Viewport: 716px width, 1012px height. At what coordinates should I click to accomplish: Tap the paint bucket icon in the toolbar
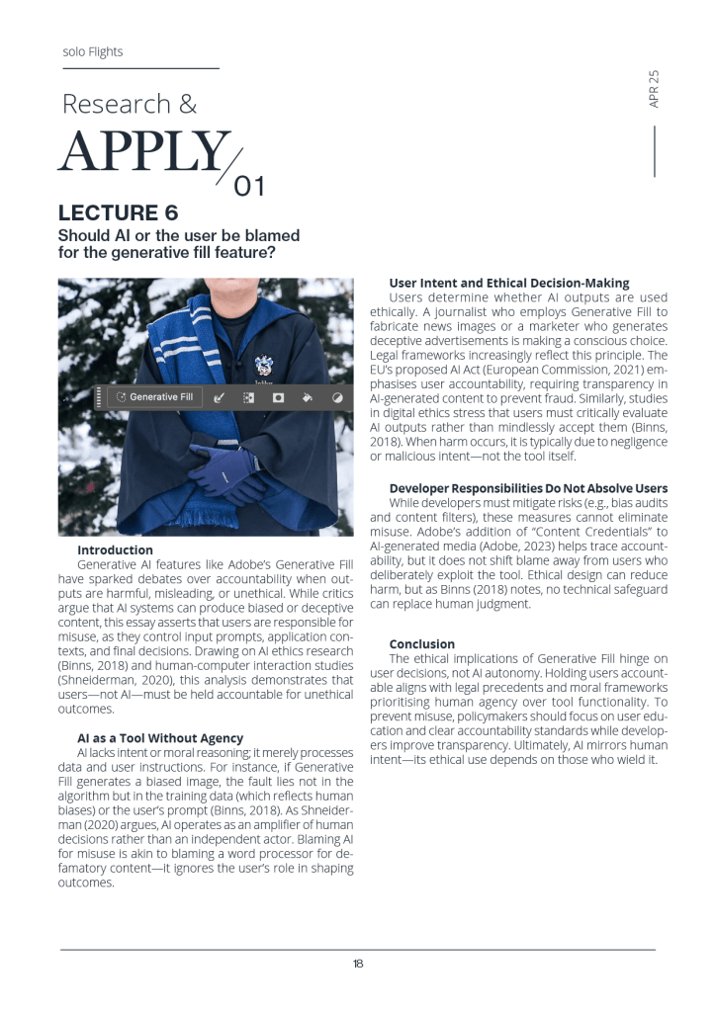click(308, 397)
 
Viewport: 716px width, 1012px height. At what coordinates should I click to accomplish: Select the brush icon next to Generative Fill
click(220, 397)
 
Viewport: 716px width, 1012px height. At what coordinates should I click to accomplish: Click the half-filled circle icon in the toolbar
click(337, 397)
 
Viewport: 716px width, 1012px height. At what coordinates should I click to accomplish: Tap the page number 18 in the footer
click(358, 964)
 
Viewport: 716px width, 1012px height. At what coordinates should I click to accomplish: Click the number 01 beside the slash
click(248, 185)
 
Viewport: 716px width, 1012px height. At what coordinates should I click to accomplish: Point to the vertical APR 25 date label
click(654, 89)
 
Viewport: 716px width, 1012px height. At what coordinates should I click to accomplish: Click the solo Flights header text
click(93, 51)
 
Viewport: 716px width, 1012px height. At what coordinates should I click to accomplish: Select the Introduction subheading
click(115, 549)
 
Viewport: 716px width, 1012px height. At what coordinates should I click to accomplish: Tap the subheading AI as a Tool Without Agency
click(160, 737)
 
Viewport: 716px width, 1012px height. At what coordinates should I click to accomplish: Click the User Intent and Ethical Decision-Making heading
click(509, 284)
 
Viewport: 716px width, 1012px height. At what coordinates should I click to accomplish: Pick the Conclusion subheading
click(422, 643)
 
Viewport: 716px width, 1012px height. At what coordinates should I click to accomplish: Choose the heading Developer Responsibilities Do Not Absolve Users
click(528, 488)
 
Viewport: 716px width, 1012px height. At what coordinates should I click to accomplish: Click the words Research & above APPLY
click(129, 104)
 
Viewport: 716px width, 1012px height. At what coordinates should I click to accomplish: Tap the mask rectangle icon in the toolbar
click(278, 397)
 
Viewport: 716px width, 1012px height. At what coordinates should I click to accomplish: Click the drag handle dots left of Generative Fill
click(99, 397)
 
